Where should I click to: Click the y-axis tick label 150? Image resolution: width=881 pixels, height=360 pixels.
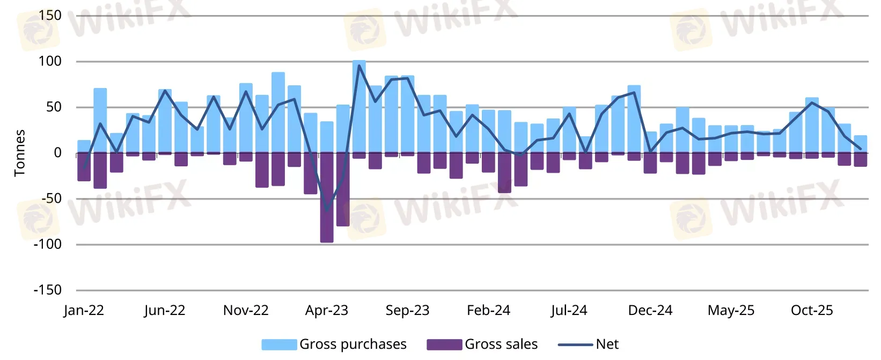50,16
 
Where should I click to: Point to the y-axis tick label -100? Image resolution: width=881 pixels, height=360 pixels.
47,244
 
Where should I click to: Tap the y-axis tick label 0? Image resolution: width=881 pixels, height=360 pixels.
57,153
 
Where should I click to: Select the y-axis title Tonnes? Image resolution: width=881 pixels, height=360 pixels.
20,153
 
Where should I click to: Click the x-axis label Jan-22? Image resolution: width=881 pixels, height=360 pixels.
84,311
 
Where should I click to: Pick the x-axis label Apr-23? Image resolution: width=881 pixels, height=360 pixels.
327,311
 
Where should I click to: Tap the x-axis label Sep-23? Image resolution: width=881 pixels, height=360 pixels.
408,311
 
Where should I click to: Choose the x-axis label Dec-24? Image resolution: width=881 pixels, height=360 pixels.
650,311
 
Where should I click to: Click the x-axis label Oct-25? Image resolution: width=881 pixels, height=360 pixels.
812,311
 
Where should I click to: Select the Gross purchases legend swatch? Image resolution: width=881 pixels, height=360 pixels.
279,344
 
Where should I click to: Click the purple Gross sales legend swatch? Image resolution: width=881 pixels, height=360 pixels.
444,344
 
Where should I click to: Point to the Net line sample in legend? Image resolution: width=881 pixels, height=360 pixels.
575,344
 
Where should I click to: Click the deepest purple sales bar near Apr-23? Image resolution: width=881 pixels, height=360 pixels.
327,199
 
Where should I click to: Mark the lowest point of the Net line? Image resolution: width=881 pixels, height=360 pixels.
327,210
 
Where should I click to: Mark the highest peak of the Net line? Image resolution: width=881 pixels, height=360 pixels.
359,65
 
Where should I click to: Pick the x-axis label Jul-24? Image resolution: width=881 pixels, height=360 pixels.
569,311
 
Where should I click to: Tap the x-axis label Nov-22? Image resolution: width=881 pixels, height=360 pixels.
246,311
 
